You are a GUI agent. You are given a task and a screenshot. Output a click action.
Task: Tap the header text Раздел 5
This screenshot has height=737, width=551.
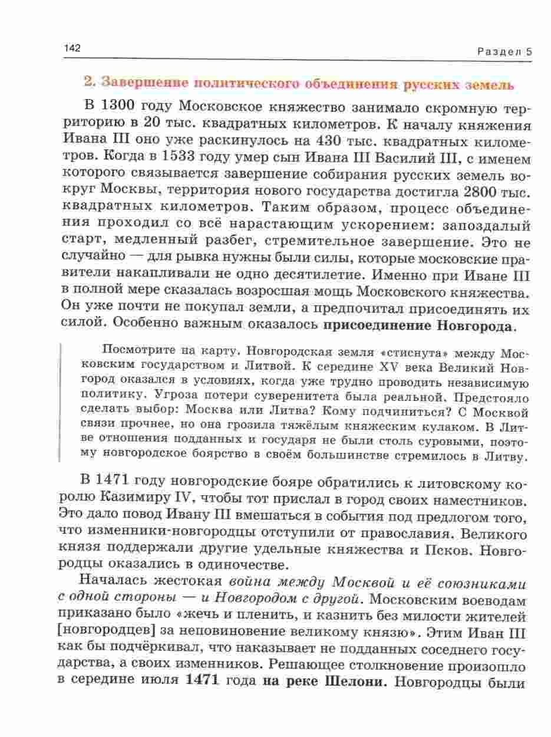coord(504,51)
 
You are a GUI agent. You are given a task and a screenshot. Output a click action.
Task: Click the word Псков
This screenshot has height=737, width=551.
coord(442,550)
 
